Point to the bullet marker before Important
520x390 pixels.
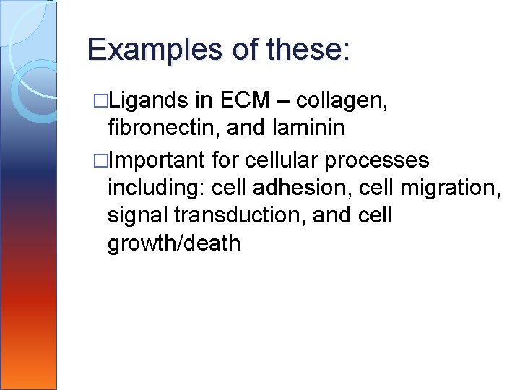[x=102, y=159]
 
